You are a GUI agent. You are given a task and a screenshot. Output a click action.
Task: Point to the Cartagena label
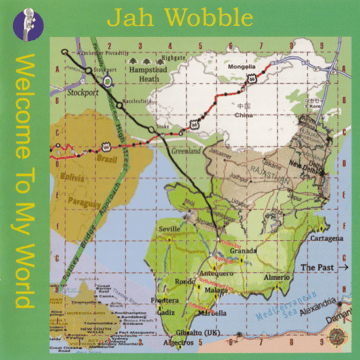325,240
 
